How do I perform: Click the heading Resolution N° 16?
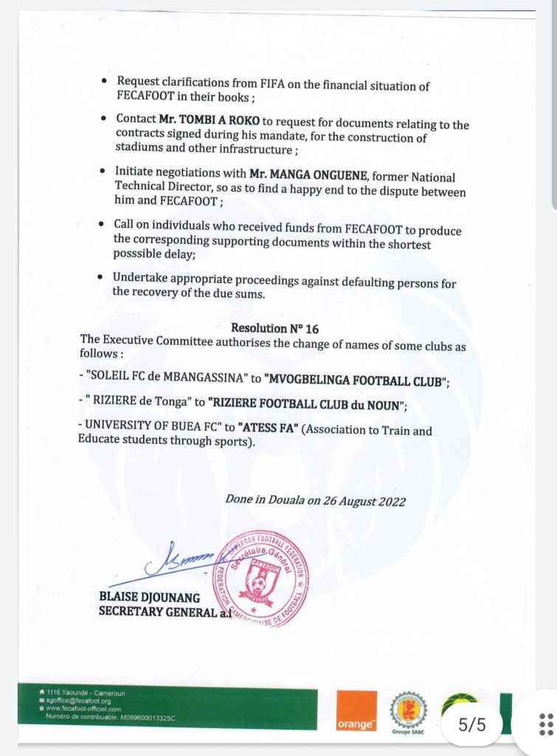click(275, 328)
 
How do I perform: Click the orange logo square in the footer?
click(356, 712)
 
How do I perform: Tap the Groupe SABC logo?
click(408, 713)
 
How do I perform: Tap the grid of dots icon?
click(546, 724)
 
